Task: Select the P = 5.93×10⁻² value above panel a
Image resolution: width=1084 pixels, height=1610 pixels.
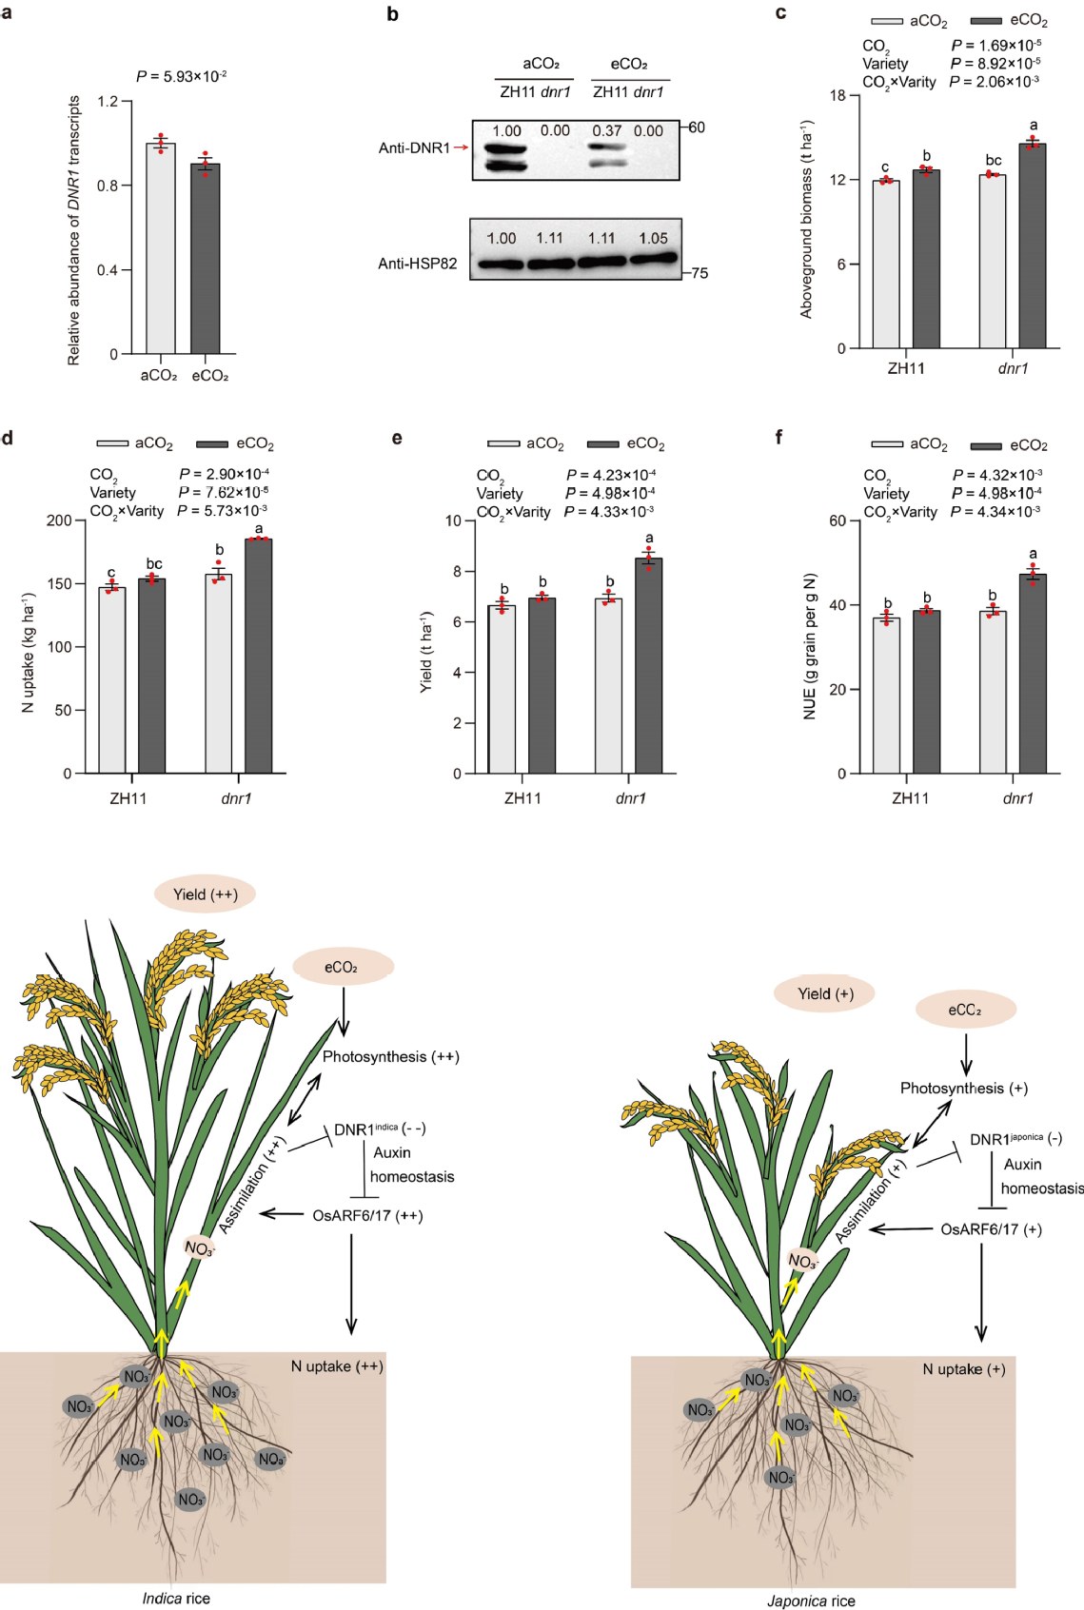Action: point(181,76)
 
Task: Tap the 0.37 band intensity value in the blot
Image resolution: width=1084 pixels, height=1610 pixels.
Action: point(606,131)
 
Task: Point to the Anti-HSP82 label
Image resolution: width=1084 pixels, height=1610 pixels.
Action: point(417,264)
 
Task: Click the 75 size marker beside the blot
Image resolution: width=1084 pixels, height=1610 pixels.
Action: point(700,273)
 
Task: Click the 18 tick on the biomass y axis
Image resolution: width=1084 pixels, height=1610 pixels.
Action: point(838,95)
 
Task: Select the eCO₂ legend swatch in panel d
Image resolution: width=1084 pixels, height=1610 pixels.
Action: point(211,443)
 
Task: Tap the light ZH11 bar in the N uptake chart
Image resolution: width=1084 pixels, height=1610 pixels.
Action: point(112,679)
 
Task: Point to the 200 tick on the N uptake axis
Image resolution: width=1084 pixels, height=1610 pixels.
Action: point(59,520)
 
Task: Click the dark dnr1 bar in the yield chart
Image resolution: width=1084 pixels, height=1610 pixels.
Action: point(649,665)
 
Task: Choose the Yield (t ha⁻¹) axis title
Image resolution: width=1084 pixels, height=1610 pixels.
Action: point(427,652)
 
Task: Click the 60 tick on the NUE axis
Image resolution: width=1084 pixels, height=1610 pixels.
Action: point(838,520)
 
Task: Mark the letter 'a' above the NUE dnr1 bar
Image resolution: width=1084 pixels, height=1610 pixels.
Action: point(1033,554)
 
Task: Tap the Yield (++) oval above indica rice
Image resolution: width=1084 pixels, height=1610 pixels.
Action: point(206,894)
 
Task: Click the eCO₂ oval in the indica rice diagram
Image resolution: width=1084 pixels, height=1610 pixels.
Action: point(342,967)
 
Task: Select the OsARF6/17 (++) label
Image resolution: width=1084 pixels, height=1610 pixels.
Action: point(367,1215)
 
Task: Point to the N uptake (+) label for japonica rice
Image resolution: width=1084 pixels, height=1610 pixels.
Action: point(963,1369)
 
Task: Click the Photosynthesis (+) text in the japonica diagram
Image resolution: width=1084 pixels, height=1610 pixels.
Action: point(963,1088)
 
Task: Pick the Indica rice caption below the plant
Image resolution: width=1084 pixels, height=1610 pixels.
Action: point(176,1598)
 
